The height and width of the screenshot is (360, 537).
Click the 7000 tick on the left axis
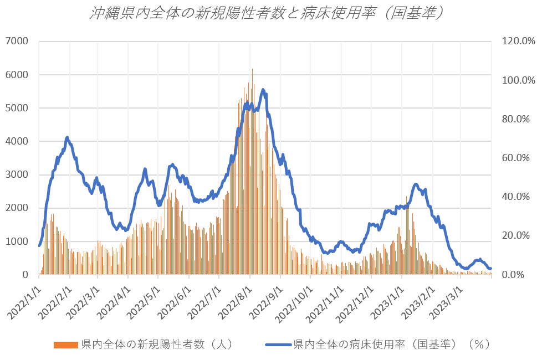click(x=18, y=41)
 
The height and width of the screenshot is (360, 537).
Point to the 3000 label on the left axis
click(x=18, y=174)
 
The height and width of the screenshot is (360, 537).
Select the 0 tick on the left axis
click(x=25, y=275)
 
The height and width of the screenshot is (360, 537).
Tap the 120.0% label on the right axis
click(x=516, y=41)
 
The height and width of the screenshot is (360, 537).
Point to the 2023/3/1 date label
click(x=444, y=302)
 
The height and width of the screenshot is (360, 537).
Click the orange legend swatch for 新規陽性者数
click(x=66, y=344)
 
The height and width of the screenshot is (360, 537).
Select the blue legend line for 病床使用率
click(x=278, y=344)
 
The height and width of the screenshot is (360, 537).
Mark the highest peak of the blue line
click(x=263, y=90)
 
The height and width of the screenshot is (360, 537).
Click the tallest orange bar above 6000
click(x=253, y=70)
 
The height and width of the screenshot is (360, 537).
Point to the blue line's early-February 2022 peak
click(x=67, y=137)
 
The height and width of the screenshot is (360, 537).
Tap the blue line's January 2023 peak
click(x=416, y=184)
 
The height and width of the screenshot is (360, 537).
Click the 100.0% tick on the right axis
click(x=516, y=80)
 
